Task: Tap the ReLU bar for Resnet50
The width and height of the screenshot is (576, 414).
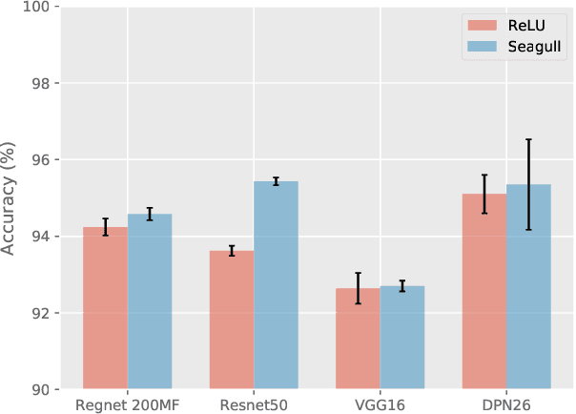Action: [x=232, y=320]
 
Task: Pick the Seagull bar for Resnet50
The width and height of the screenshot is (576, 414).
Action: [x=276, y=285]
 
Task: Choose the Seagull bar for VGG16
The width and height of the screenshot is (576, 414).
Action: [x=401, y=338]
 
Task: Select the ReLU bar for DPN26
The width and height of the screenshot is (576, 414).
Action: [x=484, y=292]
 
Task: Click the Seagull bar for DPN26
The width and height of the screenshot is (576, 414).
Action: [x=528, y=287]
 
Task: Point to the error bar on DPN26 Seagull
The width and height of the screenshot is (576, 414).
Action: [x=528, y=184]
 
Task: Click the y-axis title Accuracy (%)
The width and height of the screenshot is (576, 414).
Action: [x=10, y=198]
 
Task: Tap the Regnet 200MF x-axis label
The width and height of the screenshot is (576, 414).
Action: [x=128, y=404]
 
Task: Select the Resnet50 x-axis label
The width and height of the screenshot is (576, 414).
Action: [x=254, y=404]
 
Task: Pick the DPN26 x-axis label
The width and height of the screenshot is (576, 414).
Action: [x=506, y=404]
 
